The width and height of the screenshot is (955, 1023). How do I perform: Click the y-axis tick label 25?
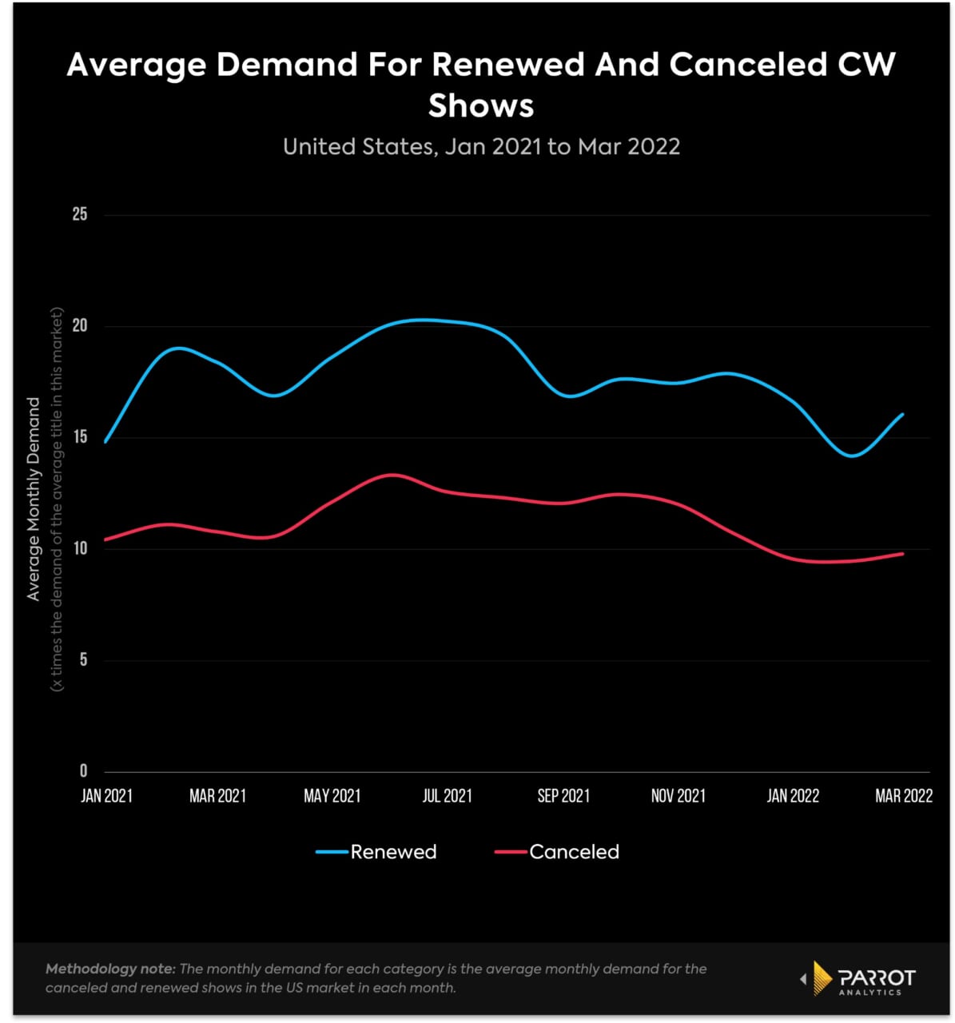79,215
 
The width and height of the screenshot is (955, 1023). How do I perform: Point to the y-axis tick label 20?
79,326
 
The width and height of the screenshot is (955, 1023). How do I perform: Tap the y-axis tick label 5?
82,660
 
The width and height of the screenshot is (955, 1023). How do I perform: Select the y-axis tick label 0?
82,771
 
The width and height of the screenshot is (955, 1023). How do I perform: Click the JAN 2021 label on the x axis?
106,796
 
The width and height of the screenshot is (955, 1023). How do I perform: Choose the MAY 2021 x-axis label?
332,796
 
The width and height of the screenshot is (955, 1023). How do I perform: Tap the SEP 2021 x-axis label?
563,796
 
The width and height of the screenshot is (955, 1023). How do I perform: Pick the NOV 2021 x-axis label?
678,796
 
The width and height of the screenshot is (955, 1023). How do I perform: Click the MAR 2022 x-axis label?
903,796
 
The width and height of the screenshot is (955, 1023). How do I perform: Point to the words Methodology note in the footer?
109,969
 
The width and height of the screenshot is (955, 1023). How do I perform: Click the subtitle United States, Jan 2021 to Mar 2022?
481,147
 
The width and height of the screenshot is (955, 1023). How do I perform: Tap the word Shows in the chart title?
481,105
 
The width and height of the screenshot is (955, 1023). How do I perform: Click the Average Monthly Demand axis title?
34,499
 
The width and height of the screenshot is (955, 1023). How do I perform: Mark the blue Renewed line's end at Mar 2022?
902,414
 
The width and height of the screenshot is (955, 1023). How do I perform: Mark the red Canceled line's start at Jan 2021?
105,539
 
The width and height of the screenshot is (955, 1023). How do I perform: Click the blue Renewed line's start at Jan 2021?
105,441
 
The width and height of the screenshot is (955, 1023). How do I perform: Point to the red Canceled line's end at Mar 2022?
902,554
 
